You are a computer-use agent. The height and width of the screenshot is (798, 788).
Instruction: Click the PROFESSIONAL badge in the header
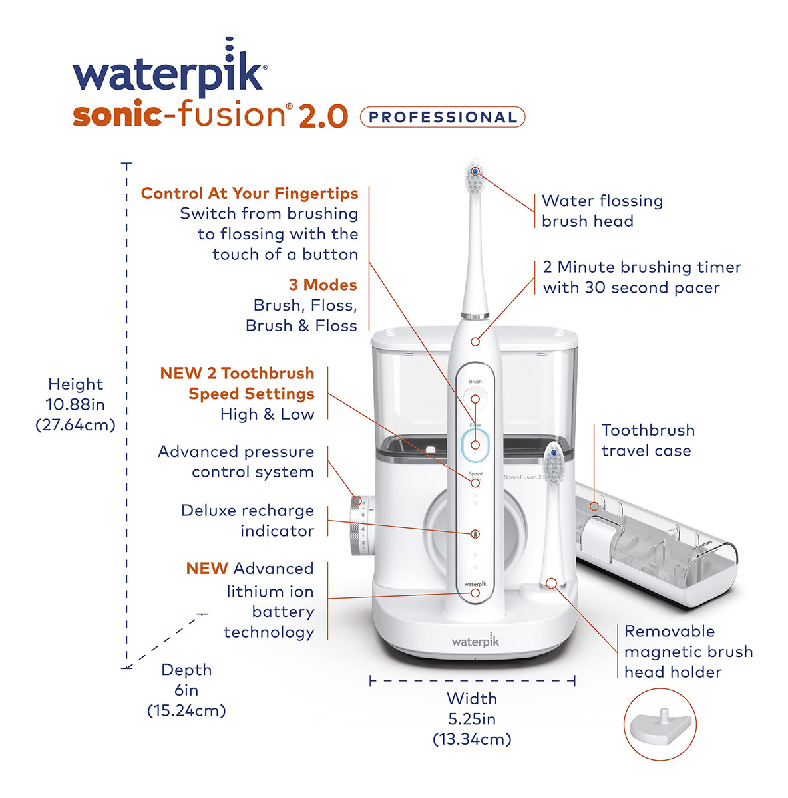point(443,117)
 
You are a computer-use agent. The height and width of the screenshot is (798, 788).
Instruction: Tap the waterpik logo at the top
point(170,68)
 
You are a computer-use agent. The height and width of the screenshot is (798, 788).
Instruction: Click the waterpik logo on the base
point(475,641)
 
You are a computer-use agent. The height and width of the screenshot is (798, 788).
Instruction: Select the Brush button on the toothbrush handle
point(475,398)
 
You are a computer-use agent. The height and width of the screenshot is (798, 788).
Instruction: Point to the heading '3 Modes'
point(323,285)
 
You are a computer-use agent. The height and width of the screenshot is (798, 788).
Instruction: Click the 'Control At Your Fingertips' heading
point(250,194)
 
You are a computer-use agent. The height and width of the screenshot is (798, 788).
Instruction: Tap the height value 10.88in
point(75,404)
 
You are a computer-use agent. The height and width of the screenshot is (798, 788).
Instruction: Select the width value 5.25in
point(472,720)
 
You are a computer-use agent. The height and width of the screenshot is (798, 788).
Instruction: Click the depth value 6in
point(186,690)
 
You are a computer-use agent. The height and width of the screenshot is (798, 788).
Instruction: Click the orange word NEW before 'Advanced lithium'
point(207,568)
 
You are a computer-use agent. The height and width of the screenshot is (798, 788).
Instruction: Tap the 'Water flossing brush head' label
point(602,211)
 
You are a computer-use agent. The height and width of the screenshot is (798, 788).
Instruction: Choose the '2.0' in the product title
point(323,116)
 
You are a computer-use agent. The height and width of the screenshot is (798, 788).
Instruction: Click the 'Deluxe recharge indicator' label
point(248,521)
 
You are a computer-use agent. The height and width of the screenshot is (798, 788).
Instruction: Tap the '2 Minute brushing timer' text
point(642,267)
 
